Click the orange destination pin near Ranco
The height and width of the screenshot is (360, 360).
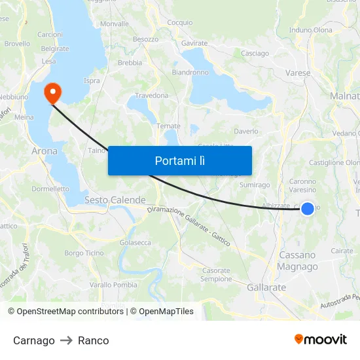click(52, 92)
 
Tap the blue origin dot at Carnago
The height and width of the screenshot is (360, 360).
click(307, 209)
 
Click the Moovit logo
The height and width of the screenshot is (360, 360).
click(320, 340)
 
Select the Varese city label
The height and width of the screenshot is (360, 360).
click(298, 73)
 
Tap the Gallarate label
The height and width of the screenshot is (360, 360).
click(266, 287)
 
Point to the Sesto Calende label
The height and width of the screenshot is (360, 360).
click(115, 200)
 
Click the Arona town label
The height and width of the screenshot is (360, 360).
click(45, 151)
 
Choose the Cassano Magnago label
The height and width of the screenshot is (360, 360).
click(297, 261)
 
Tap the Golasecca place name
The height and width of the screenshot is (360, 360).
click(135, 243)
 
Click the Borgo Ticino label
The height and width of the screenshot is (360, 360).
click(84, 253)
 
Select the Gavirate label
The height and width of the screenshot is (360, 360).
click(194, 43)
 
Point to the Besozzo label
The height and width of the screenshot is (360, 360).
click(146, 39)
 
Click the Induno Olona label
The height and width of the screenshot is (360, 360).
click(310, 30)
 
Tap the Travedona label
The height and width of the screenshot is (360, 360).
click(152, 96)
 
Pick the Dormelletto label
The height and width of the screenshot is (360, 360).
click(50, 189)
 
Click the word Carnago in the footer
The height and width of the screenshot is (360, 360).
click(34, 340)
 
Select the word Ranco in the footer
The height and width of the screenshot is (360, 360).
click(94, 340)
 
